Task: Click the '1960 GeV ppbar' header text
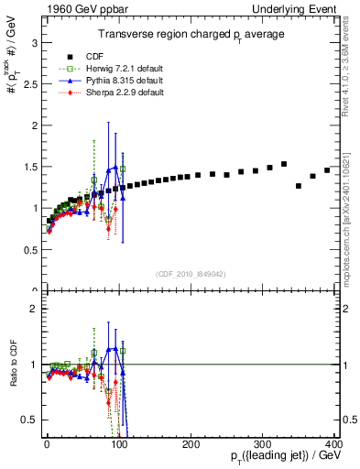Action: click(43, 8)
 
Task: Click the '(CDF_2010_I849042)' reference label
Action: click(191, 273)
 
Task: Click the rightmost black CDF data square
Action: click(327, 169)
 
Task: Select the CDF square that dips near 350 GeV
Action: click(299, 186)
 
